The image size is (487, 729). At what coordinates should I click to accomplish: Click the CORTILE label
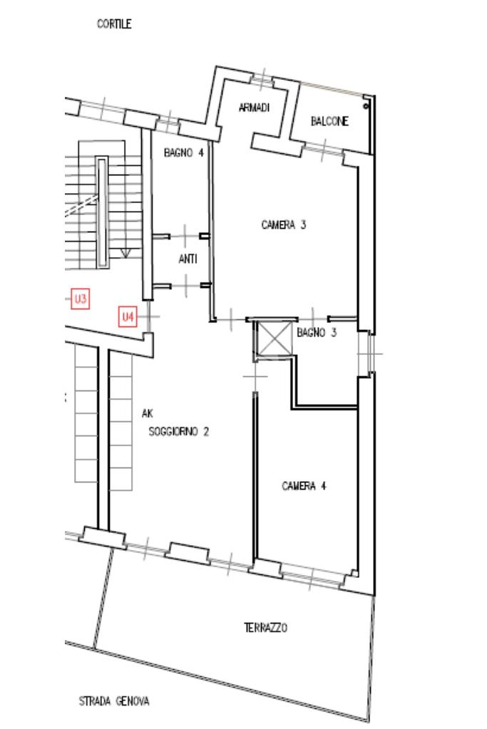(114, 24)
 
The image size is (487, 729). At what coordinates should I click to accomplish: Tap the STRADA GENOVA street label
(114, 701)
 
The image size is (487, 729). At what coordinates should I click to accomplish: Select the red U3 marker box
(80, 299)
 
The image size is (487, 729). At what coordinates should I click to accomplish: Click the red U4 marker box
(128, 316)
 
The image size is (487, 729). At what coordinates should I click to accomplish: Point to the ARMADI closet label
(254, 108)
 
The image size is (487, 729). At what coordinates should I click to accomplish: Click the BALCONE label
(329, 121)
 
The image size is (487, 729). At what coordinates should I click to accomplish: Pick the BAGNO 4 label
(184, 152)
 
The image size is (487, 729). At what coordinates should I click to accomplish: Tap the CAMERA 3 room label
(283, 225)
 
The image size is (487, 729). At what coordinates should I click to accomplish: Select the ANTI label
(188, 259)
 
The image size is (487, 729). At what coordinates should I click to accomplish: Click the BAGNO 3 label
(317, 333)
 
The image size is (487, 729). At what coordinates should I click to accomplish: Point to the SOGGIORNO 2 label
(178, 432)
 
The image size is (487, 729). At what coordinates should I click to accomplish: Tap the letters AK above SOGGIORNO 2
(147, 413)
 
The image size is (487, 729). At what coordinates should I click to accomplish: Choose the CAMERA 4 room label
(304, 486)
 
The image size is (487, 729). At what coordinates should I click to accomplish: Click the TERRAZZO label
(265, 628)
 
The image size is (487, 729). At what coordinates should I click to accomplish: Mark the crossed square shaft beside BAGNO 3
(274, 338)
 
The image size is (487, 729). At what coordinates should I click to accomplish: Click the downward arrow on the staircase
(125, 253)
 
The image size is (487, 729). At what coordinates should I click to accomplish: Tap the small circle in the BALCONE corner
(366, 106)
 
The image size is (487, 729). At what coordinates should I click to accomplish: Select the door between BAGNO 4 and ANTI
(185, 236)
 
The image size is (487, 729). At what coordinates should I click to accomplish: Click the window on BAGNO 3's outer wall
(370, 353)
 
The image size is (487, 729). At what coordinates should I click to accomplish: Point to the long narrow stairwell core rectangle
(102, 212)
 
